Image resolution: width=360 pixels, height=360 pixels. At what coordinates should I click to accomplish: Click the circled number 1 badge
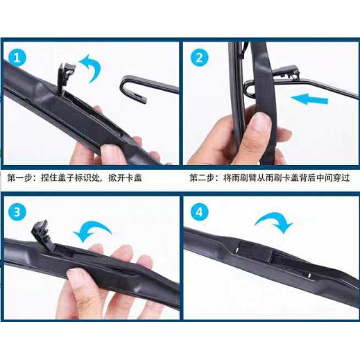[x=17, y=58]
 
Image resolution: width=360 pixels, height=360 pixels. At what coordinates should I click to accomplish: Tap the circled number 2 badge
[x=199, y=58]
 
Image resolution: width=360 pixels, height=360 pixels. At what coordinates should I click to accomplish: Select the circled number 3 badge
[x=17, y=212]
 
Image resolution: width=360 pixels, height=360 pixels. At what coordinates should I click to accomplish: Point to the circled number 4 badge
[x=199, y=212]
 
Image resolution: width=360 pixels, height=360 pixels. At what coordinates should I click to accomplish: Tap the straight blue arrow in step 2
[x=309, y=99]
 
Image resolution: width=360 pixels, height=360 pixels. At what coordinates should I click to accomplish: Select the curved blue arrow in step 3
[x=92, y=230]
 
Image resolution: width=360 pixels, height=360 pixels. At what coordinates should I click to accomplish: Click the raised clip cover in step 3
[x=42, y=233]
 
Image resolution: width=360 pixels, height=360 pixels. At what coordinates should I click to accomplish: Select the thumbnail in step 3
[x=74, y=275]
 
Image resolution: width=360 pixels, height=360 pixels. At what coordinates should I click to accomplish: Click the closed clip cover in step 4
[x=255, y=251]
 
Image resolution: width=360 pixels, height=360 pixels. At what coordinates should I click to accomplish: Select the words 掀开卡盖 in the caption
[x=125, y=178]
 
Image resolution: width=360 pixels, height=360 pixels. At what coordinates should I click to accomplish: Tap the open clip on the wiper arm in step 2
[x=286, y=71]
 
